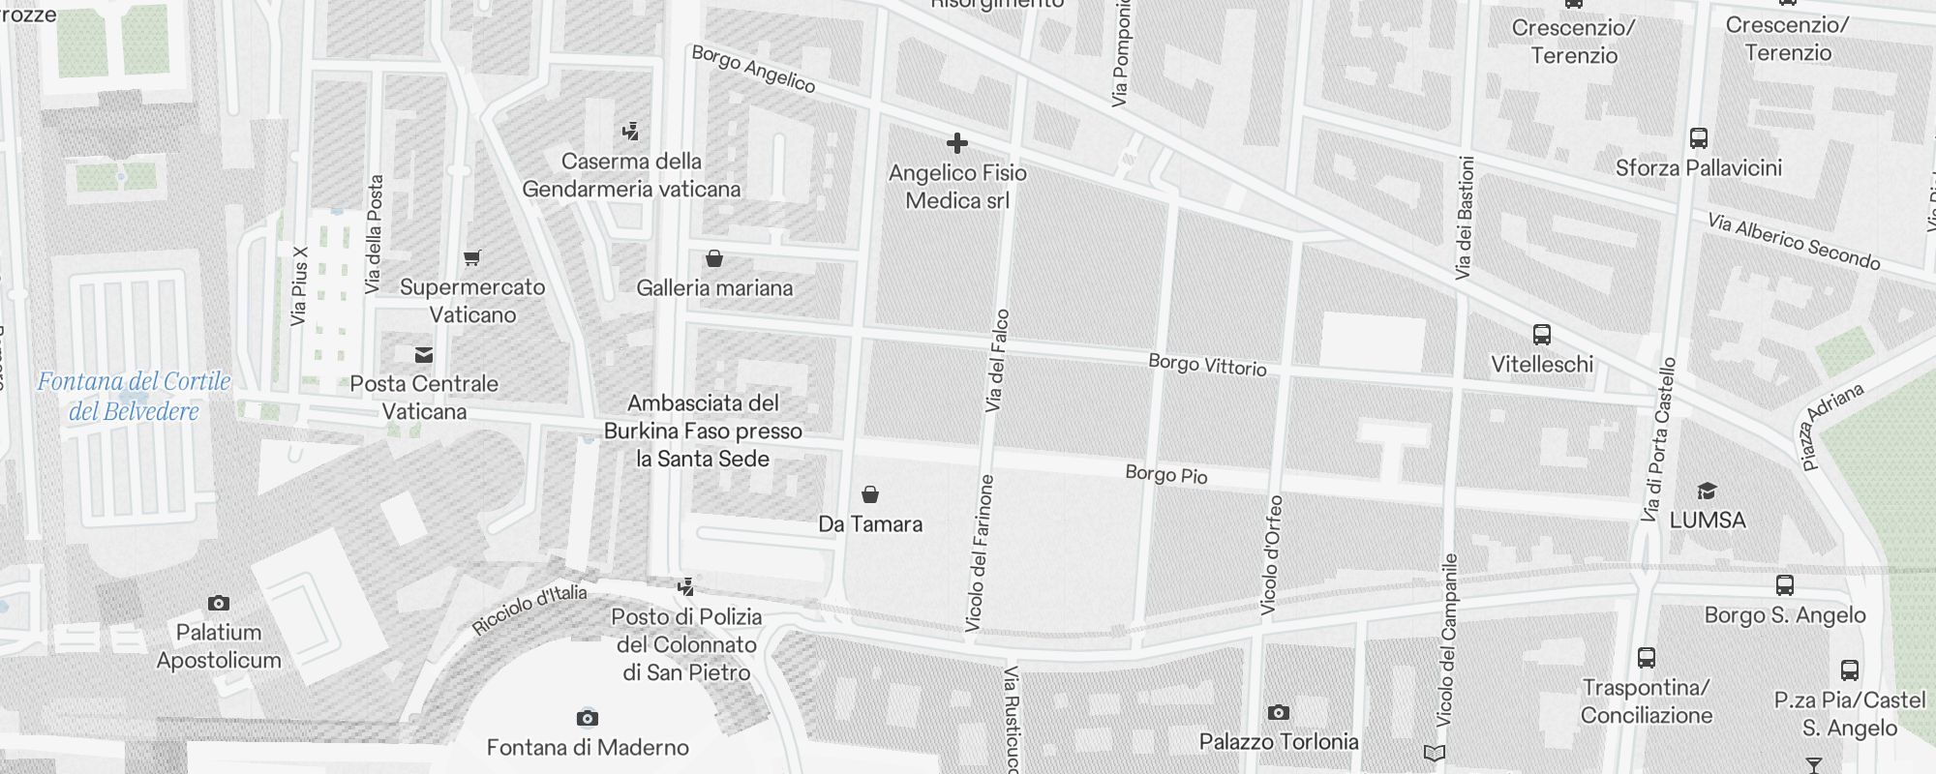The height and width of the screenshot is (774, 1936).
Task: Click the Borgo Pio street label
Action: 1165,474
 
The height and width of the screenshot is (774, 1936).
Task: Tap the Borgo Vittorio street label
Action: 1207,365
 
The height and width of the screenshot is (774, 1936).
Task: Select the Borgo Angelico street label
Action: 753,69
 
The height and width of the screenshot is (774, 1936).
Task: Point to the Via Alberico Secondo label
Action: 1794,242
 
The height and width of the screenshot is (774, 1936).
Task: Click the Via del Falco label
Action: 998,361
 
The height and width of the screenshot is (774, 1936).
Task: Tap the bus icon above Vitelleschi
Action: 1542,336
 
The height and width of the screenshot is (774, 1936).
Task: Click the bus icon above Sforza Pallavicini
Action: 1698,138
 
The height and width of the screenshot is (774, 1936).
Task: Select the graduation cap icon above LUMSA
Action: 1707,491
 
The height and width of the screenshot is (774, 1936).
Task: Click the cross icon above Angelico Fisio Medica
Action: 957,144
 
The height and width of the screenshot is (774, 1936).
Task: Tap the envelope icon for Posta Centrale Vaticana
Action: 424,355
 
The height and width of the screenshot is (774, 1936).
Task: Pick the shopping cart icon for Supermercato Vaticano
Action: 472,258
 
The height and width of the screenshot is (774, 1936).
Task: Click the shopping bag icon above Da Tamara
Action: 870,495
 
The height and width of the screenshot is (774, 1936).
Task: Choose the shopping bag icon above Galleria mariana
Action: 714,259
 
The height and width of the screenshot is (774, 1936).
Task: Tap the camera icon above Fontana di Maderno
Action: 587,718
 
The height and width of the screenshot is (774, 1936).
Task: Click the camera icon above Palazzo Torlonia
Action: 1278,713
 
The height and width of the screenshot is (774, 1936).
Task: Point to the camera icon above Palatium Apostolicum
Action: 219,604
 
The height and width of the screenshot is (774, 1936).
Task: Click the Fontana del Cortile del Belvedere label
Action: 134,396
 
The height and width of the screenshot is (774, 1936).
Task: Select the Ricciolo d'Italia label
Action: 529,610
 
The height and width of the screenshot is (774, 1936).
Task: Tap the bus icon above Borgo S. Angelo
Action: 1785,585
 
